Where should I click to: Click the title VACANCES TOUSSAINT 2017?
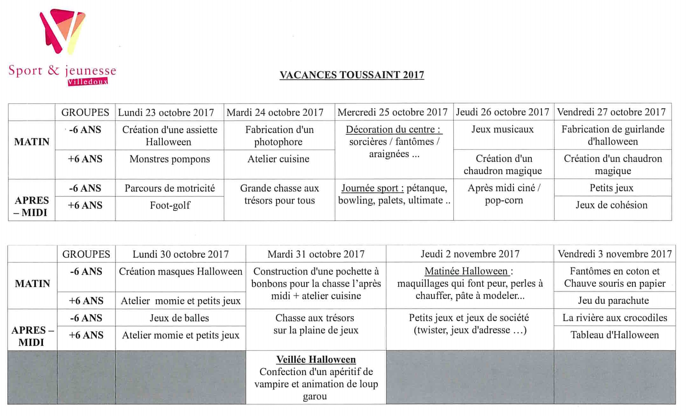[351, 75]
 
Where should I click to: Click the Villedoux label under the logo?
[88, 82]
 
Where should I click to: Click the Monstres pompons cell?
[170, 159]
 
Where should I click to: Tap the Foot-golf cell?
[170, 205]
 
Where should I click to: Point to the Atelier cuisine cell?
[278, 159]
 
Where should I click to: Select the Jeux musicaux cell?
[502, 129]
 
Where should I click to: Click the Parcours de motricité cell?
[170, 188]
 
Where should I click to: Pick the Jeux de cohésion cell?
[611, 205]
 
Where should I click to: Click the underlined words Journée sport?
[372, 188]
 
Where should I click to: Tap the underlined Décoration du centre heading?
[394, 129]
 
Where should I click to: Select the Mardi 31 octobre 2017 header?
[316, 254]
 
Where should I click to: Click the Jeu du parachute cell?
[613, 301]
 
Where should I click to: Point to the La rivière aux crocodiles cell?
[614, 318]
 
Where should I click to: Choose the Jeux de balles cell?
[179, 318]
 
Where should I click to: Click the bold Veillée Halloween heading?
[316, 359]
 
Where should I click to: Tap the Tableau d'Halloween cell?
[614, 335]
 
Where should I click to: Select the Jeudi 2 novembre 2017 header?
[470, 254]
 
